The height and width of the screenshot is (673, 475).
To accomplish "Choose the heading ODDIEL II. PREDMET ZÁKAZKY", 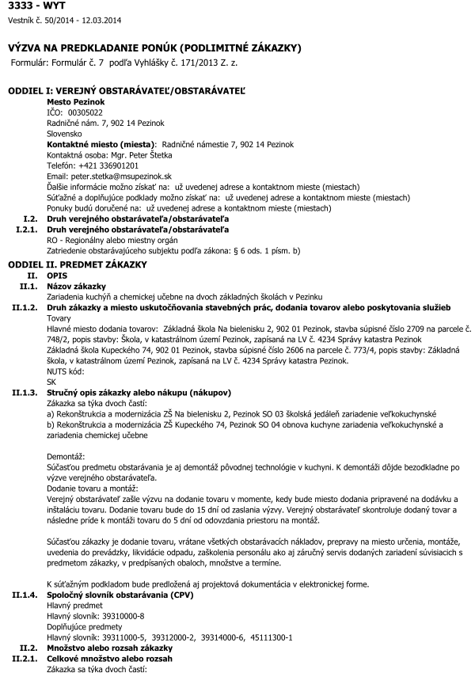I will [77, 263].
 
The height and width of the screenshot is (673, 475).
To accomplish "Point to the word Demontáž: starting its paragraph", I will [68, 458].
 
